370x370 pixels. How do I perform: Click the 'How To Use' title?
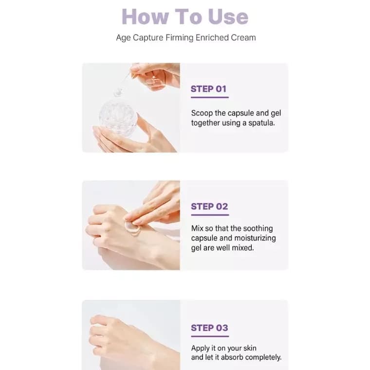click(x=185, y=17)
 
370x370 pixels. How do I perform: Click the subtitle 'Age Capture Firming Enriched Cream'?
click(x=185, y=37)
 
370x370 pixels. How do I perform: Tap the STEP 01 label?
click(x=209, y=89)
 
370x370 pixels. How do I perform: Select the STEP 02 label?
click(x=209, y=206)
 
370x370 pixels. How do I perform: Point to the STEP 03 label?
click(x=209, y=328)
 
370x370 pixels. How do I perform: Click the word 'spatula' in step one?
click(x=260, y=123)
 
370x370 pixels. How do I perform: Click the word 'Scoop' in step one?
click(x=202, y=113)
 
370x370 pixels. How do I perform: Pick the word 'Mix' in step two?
click(x=197, y=228)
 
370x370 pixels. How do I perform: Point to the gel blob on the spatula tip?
click(x=118, y=91)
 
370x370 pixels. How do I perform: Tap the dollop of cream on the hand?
click(x=132, y=226)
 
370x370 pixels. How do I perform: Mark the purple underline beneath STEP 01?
click(x=209, y=97)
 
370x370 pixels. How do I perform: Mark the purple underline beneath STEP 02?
click(x=209, y=215)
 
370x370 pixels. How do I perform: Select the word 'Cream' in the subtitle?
click(x=244, y=37)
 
